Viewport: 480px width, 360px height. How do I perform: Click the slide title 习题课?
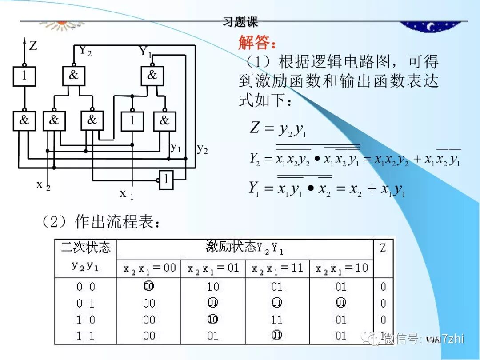(x=240, y=21)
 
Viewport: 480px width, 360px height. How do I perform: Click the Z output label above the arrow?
(x=33, y=45)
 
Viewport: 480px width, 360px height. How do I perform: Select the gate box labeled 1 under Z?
(x=24, y=76)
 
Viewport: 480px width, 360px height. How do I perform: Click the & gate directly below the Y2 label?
(x=74, y=76)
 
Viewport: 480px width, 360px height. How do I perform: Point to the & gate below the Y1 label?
(x=152, y=76)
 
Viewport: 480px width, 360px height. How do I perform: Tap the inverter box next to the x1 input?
(x=166, y=180)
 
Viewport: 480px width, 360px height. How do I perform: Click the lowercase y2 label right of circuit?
(x=202, y=148)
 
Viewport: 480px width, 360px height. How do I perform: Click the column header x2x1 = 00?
(x=149, y=268)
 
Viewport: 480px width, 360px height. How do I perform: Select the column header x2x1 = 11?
(x=277, y=268)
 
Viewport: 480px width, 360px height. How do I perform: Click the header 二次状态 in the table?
(x=86, y=247)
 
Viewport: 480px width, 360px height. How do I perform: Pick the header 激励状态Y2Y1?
(x=244, y=248)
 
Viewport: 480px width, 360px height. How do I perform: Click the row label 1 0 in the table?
(x=85, y=320)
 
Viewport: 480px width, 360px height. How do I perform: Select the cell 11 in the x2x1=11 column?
(x=277, y=320)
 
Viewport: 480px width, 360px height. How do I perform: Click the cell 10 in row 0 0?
(x=213, y=287)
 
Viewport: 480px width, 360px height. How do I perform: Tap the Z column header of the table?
(x=383, y=248)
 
